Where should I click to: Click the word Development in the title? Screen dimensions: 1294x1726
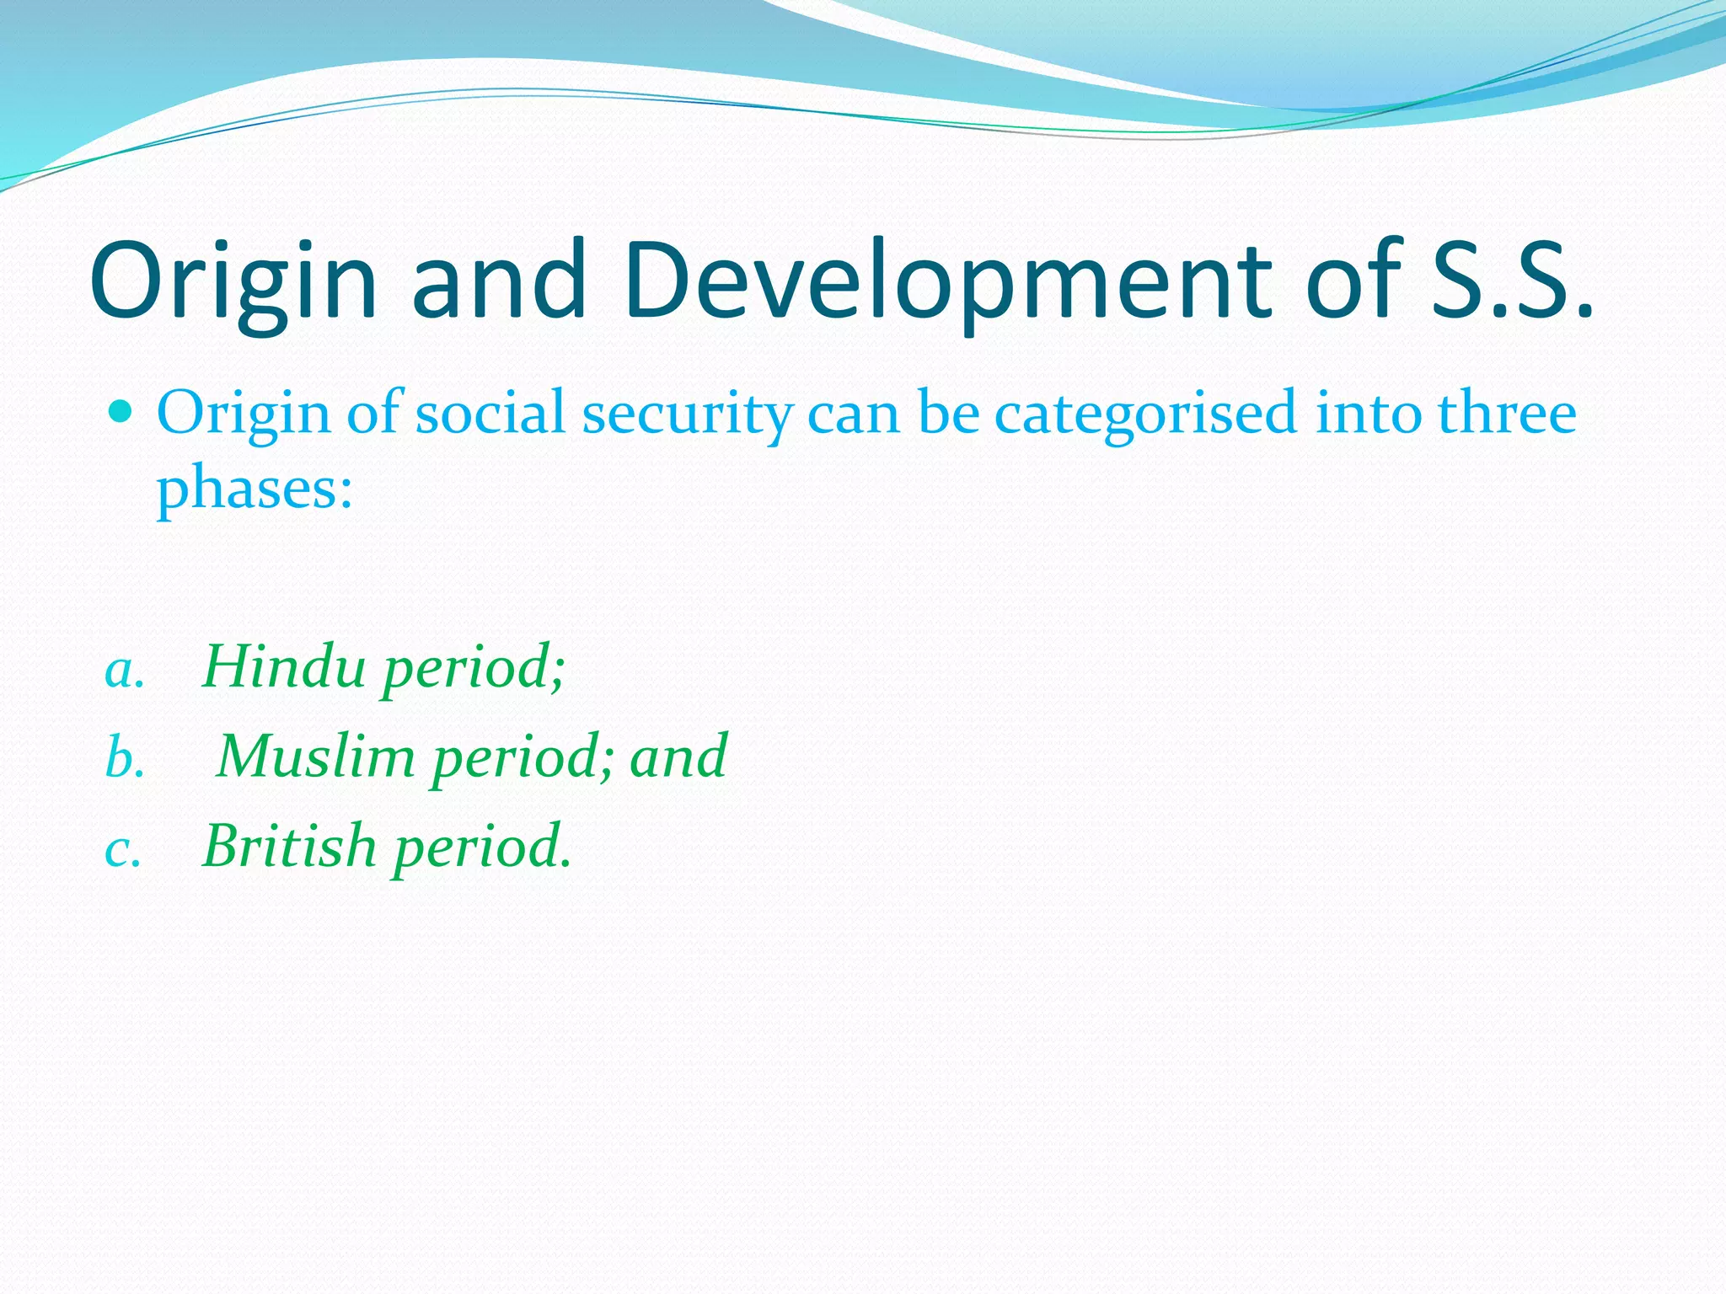pyautogui.click(x=947, y=282)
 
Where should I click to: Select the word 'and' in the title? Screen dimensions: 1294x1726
pyautogui.click(x=498, y=282)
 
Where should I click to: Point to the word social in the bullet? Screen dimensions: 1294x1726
pyautogui.click(x=490, y=414)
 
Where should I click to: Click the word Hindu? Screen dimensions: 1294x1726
pyautogui.click(x=284, y=666)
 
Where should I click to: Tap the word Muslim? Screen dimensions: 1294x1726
pyautogui.click(x=316, y=756)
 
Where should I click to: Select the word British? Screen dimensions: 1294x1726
pyautogui.click(x=289, y=845)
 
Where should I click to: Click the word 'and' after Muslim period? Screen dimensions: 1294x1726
pyautogui.click(x=678, y=756)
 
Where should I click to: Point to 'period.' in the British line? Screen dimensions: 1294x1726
pyautogui.click(x=482, y=848)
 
